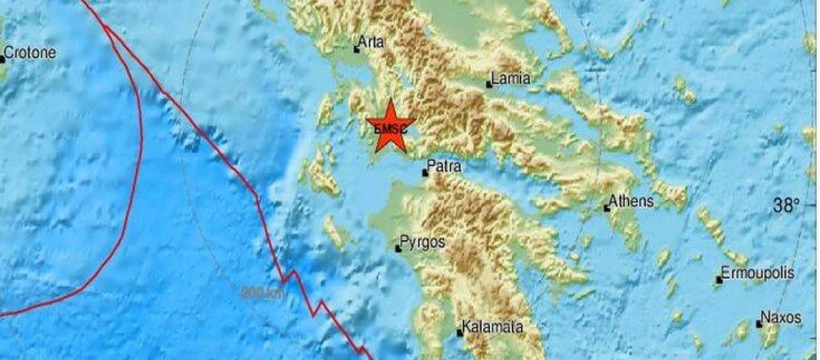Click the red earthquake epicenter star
coord(390,127)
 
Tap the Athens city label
coord(631,201)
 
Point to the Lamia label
coord(511,78)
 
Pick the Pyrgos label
coord(423,242)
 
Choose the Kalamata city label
coord(490,328)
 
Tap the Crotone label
coord(31,53)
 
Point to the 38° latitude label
coord(786,207)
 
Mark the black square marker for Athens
coord(607,209)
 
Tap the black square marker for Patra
coord(425,173)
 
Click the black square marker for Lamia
coord(489,85)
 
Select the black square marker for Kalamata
coord(460,333)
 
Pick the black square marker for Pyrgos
coord(398,248)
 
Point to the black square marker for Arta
coord(357,50)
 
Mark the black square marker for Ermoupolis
coord(719,280)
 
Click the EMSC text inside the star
coord(390,128)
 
